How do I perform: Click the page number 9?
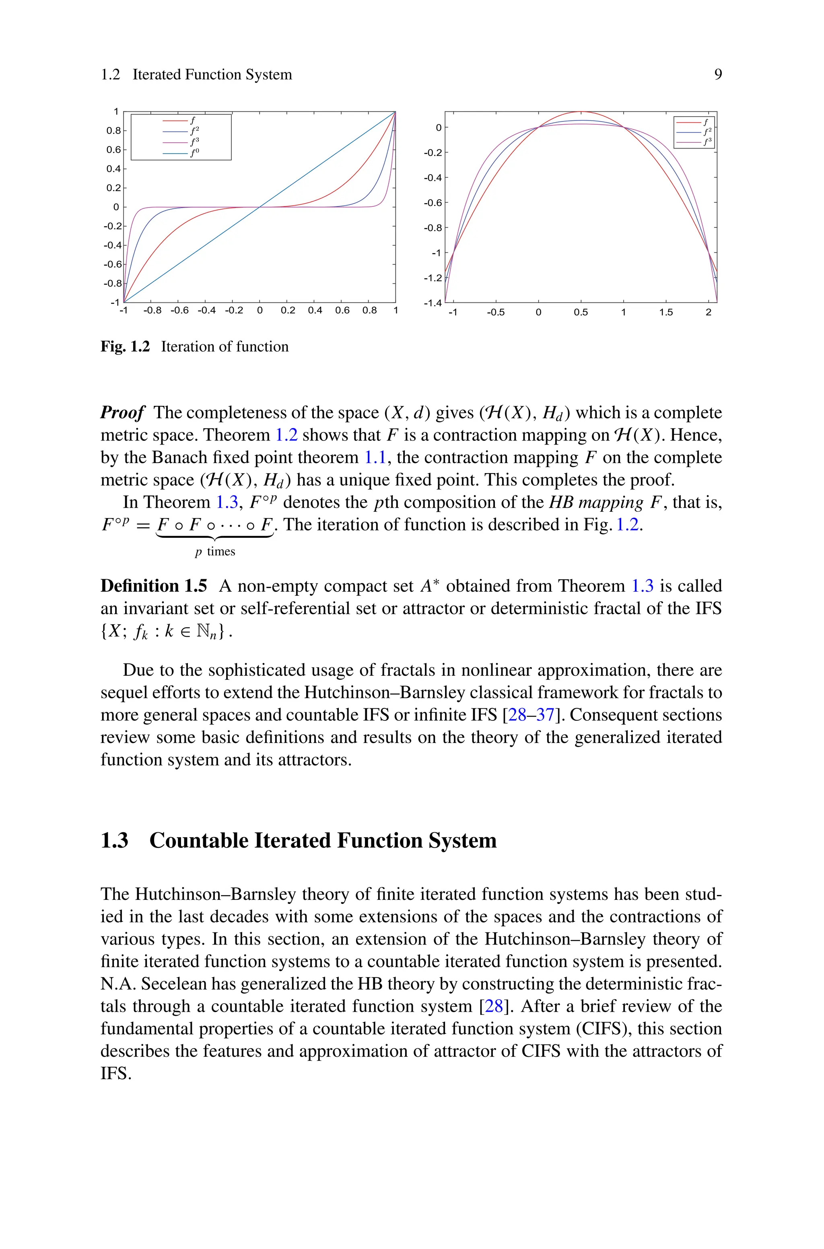[x=718, y=74]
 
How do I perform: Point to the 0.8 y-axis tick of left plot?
[x=113, y=131]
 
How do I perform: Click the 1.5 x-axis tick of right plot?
[x=666, y=313]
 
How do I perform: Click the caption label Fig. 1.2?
[x=125, y=347]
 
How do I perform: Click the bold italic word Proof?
[x=122, y=413]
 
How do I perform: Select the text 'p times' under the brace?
[x=215, y=551]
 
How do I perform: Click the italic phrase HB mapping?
[x=596, y=503]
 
